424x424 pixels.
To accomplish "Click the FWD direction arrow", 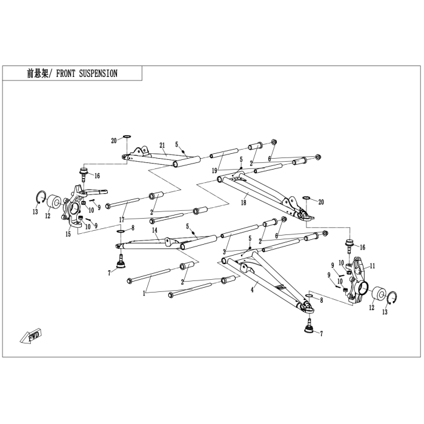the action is click(31, 336).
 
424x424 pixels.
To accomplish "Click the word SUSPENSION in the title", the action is click(98, 73).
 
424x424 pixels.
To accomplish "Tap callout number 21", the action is click(162, 145).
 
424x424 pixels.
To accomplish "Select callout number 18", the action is click(243, 202).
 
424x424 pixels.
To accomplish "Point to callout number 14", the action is click(154, 230).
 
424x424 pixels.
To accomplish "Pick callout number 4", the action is click(253, 290).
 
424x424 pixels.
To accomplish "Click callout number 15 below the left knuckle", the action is click(68, 234).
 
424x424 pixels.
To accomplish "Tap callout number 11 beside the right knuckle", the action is click(373, 266).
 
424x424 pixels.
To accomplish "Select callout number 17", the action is click(122, 219).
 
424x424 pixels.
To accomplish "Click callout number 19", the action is click(214, 171).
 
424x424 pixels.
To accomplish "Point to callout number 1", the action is click(144, 293).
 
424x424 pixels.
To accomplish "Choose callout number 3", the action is click(224, 252).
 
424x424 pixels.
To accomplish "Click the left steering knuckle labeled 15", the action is click(73, 205).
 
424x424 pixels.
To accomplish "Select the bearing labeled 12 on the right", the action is click(379, 295).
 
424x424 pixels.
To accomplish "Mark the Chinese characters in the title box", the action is click(38, 73).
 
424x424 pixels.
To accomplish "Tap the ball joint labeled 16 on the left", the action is click(84, 174).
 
